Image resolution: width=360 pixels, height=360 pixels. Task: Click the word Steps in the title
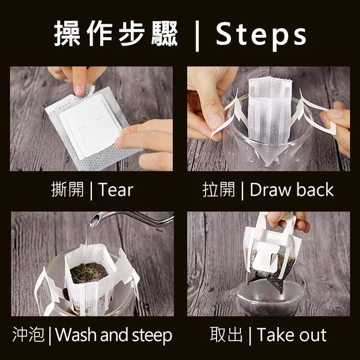pyautogui.click(x=261, y=34)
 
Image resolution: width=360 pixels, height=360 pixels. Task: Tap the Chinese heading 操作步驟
pyautogui.click(x=116, y=34)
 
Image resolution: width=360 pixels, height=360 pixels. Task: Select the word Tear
pyautogui.click(x=116, y=189)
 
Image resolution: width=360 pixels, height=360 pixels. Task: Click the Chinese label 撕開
pyautogui.click(x=68, y=189)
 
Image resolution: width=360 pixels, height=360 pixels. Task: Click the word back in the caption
pyautogui.click(x=315, y=189)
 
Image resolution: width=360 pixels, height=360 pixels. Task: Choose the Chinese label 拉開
pyautogui.click(x=219, y=189)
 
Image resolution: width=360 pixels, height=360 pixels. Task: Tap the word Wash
pyautogui.click(x=76, y=335)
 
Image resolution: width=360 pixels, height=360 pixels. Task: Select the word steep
pyautogui.click(x=152, y=336)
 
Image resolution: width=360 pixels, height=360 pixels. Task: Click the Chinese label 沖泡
pyautogui.click(x=28, y=335)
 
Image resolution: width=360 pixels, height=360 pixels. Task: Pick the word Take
pyautogui.click(x=276, y=335)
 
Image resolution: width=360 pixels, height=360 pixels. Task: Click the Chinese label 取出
pyautogui.click(x=226, y=335)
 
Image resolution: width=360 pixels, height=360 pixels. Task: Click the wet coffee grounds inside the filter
pyautogui.click(x=89, y=272)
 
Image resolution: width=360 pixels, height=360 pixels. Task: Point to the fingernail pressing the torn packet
pyautogui.click(x=79, y=90)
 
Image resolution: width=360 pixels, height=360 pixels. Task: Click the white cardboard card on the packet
pyautogui.click(x=90, y=126)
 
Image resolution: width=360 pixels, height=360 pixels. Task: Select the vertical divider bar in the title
pyautogui.click(x=197, y=36)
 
